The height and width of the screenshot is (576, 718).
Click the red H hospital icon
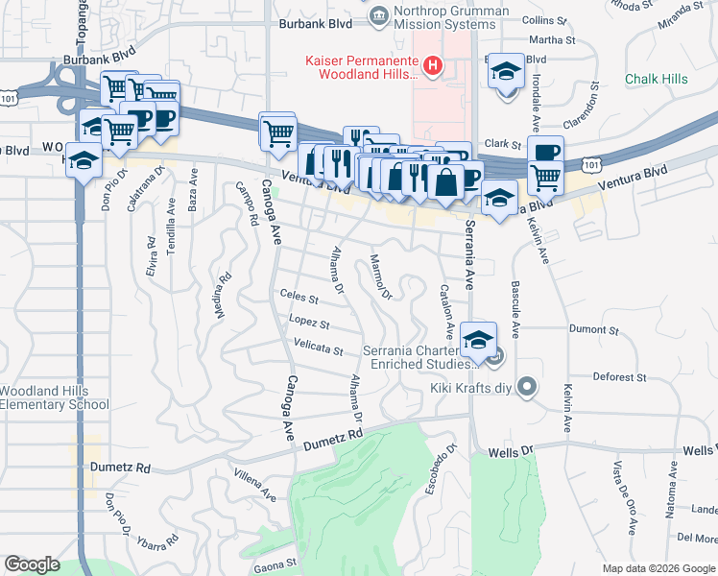pyautogui.click(x=434, y=66)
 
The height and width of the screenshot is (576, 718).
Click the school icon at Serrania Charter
pyautogui.click(x=478, y=339)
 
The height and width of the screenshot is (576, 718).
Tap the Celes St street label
pyautogui.click(x=299, y=296)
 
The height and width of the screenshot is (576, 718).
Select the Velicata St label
pyautogui.click(x=318, y=348)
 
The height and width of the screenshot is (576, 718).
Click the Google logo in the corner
pyautogui.click(x=33, y=564)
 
